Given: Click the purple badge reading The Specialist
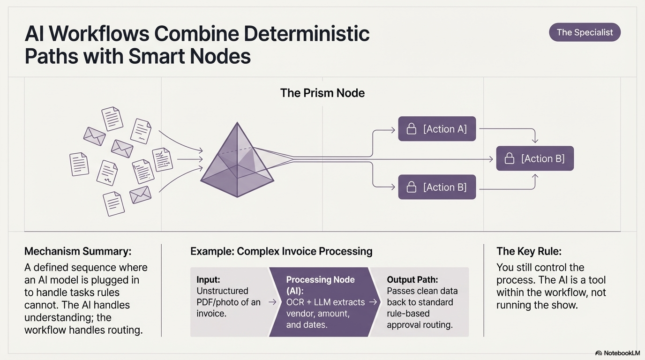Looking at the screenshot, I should coord(585,32).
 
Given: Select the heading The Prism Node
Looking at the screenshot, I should coord(322,93).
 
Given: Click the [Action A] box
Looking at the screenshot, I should coord(437,129).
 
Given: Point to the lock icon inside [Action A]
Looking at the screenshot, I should coord(411,129).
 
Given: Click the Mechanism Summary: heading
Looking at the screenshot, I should coord(78,251).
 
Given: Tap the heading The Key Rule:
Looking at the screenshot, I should coord(529,251).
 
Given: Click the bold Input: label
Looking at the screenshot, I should coord(208,280).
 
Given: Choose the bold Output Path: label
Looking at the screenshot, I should coord(412,280).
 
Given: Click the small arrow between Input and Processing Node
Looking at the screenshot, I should coord(272,302).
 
